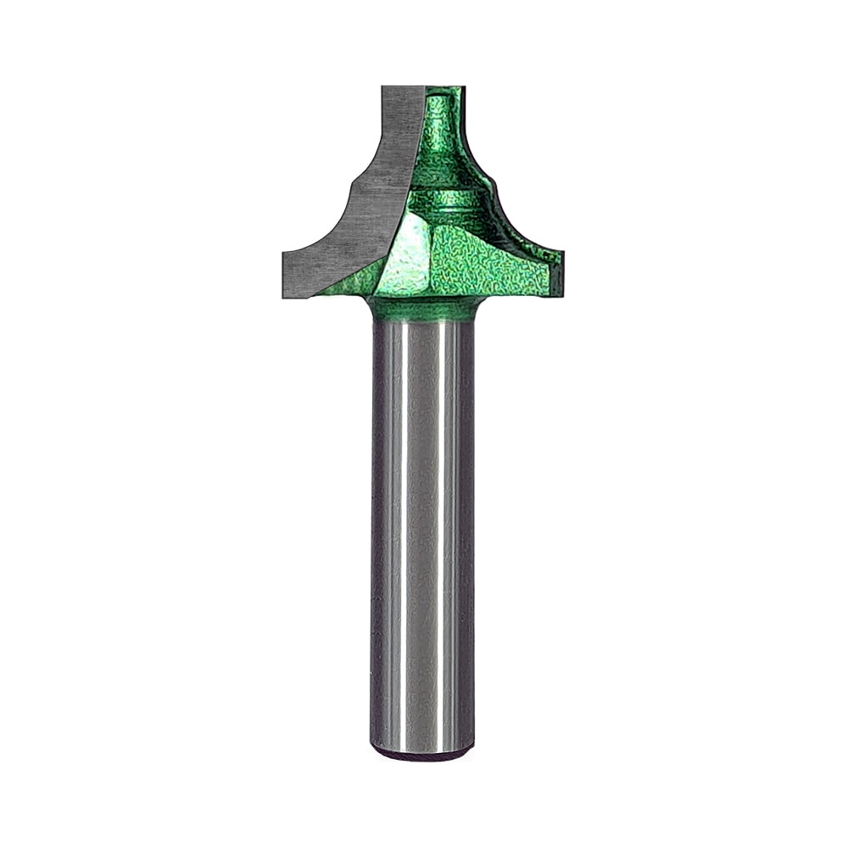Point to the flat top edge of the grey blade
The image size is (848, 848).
point(402,87)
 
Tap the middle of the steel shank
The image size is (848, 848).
point(422,534)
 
